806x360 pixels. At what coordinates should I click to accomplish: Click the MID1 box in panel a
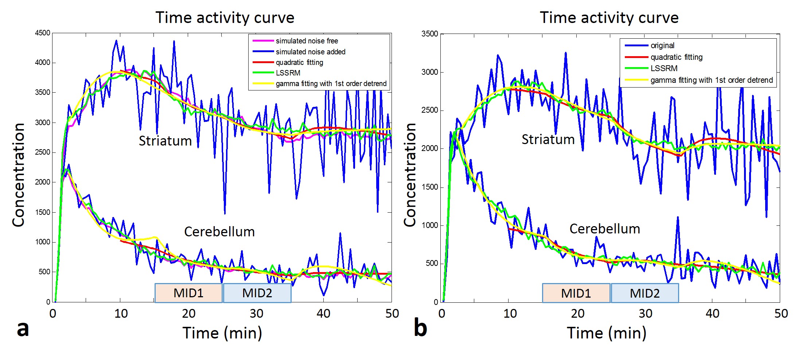click(188, 293)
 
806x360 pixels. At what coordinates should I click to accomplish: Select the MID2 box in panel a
click(257, 293)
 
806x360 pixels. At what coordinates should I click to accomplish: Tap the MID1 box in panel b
click(576, 293)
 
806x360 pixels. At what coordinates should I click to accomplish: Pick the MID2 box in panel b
click(645, 293)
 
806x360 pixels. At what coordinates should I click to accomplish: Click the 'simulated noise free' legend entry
click(307, 41)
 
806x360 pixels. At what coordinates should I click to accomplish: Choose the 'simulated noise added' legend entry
click(310, 52)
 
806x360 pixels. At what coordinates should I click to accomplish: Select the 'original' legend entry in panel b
click(662, 46)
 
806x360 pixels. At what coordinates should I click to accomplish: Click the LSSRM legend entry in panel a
click(288, 73)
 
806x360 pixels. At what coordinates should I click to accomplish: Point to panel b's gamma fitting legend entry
click(711, 80)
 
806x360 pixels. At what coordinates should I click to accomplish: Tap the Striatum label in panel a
click(165, 141)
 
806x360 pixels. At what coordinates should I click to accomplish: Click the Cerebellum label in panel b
click(605, 229)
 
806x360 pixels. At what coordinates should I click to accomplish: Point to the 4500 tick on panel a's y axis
click(43, 33)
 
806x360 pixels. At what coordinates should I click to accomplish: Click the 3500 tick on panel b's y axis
click(430, 34)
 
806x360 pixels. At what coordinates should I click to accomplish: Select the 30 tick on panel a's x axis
click(257, 313)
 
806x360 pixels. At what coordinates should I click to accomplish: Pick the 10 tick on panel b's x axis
click(510, 313)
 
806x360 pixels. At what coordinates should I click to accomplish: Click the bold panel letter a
click(23, 329)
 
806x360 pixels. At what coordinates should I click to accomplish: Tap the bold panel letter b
click(420, 328)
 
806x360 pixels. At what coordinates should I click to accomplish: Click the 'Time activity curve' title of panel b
click(609, 18)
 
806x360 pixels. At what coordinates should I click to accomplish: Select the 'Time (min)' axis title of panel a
click(222, 333)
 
